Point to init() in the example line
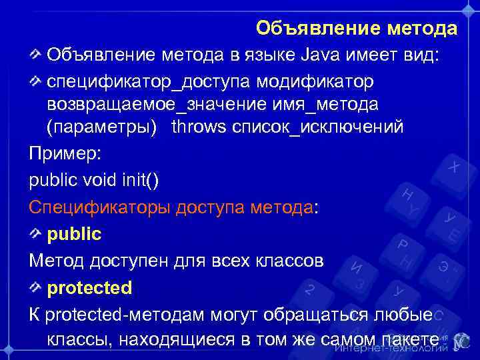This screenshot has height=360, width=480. click(x=139, y=180)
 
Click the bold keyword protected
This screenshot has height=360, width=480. click(x=89, y=288)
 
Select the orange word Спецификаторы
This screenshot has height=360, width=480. click(x=99, y=207)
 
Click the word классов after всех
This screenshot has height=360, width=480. click(x=291, y=261)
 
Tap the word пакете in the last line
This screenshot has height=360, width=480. click(x=411, y=339)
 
